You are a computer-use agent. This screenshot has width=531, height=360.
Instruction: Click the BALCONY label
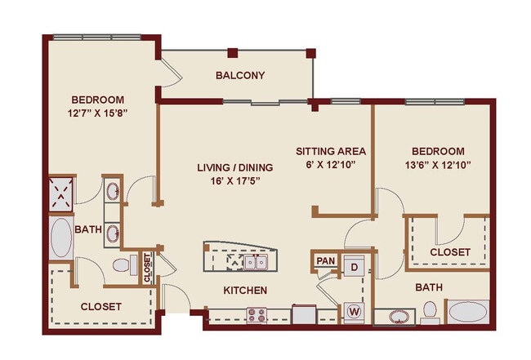(x=240, y=76)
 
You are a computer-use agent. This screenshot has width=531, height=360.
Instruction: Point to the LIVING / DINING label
(x=234, y=167)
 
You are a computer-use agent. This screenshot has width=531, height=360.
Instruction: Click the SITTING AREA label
(x=331, y=151)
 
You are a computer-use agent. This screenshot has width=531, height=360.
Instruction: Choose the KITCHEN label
(x=245, y=290)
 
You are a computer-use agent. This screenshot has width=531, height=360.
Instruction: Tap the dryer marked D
(x=355, y=267)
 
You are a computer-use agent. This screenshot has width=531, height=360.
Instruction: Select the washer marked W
(x=355, y=311)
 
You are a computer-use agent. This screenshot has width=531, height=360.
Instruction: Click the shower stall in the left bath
(x=61, y=193)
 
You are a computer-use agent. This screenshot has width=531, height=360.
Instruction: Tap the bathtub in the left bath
(x=60, y=237)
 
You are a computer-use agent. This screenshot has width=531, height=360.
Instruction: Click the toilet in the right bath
(x=429, y=312)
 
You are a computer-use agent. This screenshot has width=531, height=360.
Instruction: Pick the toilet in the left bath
(x=123, y=264)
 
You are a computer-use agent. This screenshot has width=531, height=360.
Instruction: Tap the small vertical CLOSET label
(x=148, y=267)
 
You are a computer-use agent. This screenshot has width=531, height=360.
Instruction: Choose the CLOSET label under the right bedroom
(x=449, y=252)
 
